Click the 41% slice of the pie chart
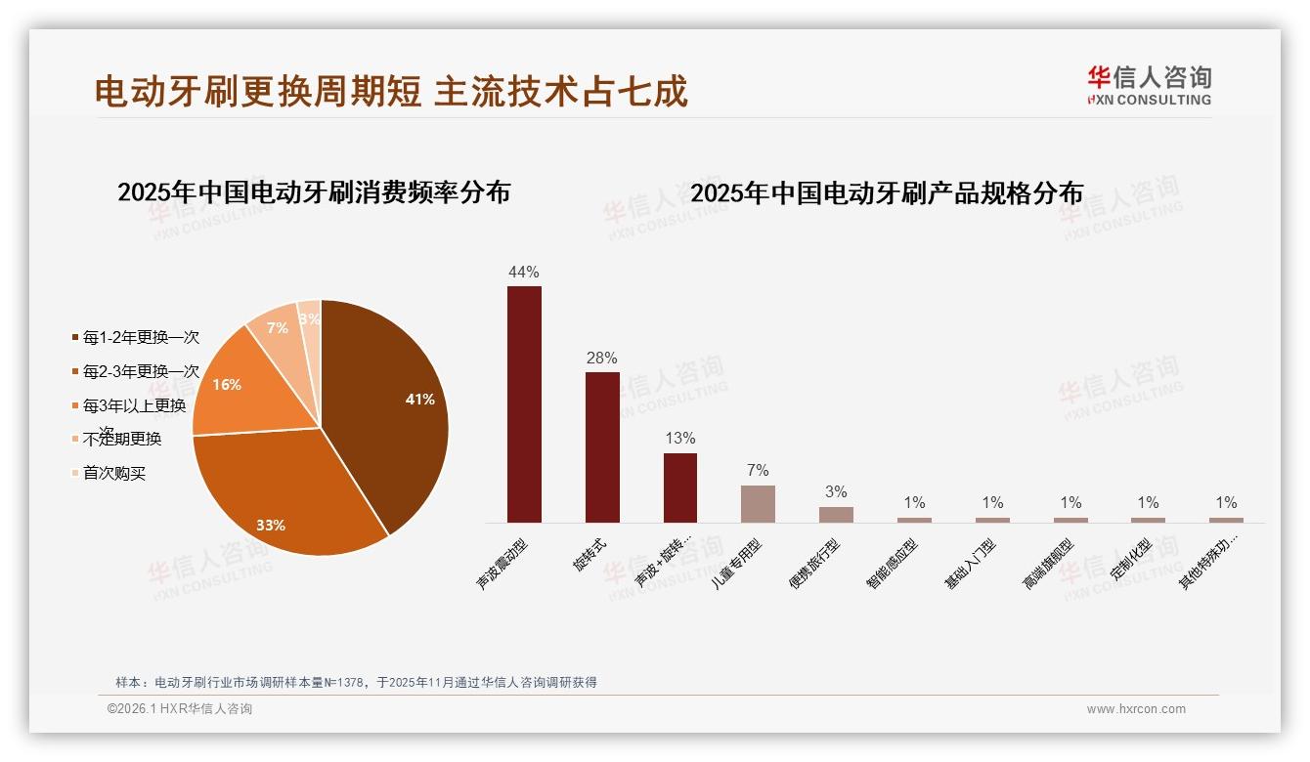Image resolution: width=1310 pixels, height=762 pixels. (x=391, y=410)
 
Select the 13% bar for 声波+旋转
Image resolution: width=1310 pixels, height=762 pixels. (x=680, y=487)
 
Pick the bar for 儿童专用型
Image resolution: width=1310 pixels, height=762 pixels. (x=758, y=504)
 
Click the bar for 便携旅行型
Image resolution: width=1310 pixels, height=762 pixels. (x=836, y=514)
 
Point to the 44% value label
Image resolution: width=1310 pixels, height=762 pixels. (x=524, y=272)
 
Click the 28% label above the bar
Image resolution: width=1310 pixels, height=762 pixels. (x=602, y=358)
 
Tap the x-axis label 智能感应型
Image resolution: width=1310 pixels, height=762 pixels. (x=892, y=564)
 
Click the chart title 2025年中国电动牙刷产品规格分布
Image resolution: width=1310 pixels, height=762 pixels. (x=887, y=192)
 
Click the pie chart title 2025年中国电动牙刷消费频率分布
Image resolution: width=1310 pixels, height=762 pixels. (x=314, y=191)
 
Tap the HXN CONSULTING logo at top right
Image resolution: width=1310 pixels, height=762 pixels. (x=1149, y=85)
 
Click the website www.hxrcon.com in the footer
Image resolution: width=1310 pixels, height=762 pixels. (x=1136, y=709)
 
